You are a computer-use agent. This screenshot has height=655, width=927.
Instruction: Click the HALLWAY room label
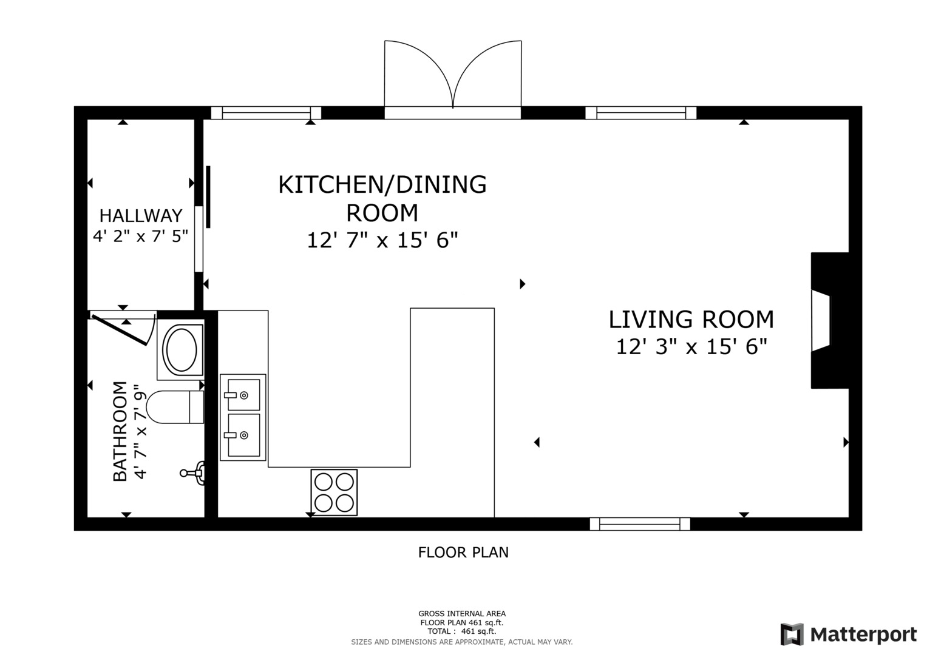coord(140,215)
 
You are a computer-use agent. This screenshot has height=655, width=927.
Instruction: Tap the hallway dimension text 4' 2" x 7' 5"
coord(140,236)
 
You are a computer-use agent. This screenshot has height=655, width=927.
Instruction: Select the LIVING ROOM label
coord(691,320)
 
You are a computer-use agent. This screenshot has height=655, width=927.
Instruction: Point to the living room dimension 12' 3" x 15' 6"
coord(691,347)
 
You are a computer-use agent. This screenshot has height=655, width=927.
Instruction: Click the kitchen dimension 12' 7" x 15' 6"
coord(382,241)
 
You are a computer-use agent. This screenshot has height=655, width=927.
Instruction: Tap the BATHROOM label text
coord(120,431)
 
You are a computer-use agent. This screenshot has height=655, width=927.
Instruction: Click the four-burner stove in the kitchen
coord(334,492)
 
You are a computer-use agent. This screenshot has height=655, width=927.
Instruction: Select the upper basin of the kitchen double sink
coord(243,395)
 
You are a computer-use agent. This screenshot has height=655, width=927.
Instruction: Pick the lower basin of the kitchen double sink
coord(243,435)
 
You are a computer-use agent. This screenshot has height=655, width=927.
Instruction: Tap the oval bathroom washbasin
coord(181,349)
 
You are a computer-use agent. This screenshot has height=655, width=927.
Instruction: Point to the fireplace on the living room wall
coord(829,320)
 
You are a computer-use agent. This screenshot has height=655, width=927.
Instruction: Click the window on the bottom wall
coord(640,524)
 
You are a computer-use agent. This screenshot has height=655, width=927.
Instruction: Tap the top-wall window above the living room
coord(640,113)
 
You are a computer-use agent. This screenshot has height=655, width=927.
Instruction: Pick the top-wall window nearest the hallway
coord(266,113)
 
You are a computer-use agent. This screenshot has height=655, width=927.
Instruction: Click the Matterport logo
coord(848,634)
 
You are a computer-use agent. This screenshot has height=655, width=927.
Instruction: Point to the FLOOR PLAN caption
coord(463,553)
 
